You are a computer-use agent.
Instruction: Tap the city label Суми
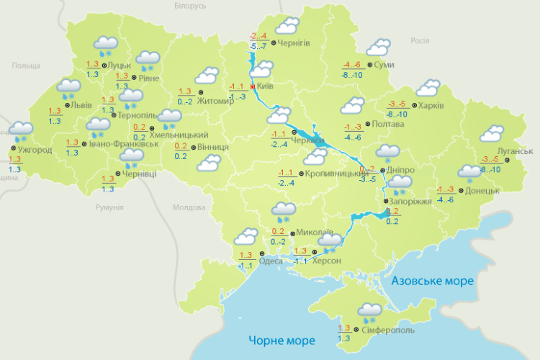(x=384, y=65)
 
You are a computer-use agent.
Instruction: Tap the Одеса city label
(x=270, y=261)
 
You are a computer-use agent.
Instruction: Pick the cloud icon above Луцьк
(x=107, y=45)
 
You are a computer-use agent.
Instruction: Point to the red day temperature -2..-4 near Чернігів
(x=258, y=36)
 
